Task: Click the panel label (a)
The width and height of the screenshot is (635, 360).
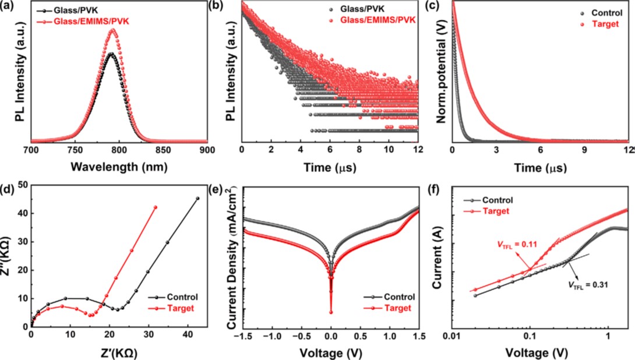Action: click(x=9, y=6)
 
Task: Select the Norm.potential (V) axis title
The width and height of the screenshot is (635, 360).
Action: click(x=441, y=72)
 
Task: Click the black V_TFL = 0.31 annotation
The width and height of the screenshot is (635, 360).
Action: click(x=592, y=285)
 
